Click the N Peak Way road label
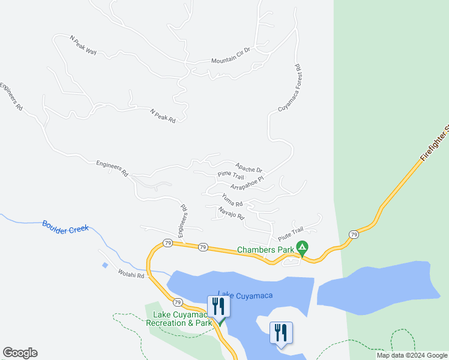(83, 46)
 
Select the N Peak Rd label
(163, 116)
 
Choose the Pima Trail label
(231, 176)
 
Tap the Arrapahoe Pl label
(247, 183)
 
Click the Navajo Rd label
(231, 212)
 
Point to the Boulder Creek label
(65, 227)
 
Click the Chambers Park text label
(265, 250)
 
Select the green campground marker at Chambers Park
(303, 247)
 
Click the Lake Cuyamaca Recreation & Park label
(179, 319)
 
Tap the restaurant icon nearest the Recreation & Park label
(217, 307)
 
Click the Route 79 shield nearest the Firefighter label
(354, 234)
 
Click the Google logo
(20, 353)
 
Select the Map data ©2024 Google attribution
(411, 355)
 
